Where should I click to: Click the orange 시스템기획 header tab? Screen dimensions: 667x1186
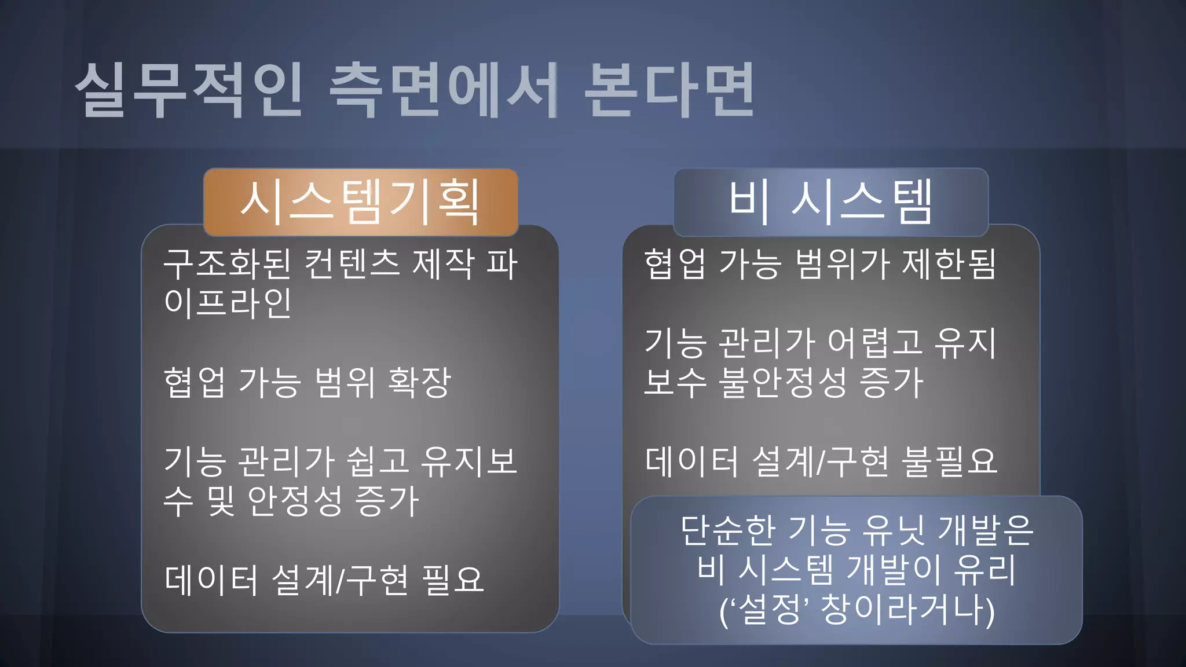pos(360,202)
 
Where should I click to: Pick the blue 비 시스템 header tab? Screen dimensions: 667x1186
pos(830,202)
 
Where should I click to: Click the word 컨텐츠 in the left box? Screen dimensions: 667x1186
pos(352,264)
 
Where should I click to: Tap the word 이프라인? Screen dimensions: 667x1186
pos(228,303)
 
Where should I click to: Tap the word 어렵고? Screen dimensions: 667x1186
pos(874,343)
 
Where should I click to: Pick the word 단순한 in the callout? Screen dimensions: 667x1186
pos(728,530)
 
